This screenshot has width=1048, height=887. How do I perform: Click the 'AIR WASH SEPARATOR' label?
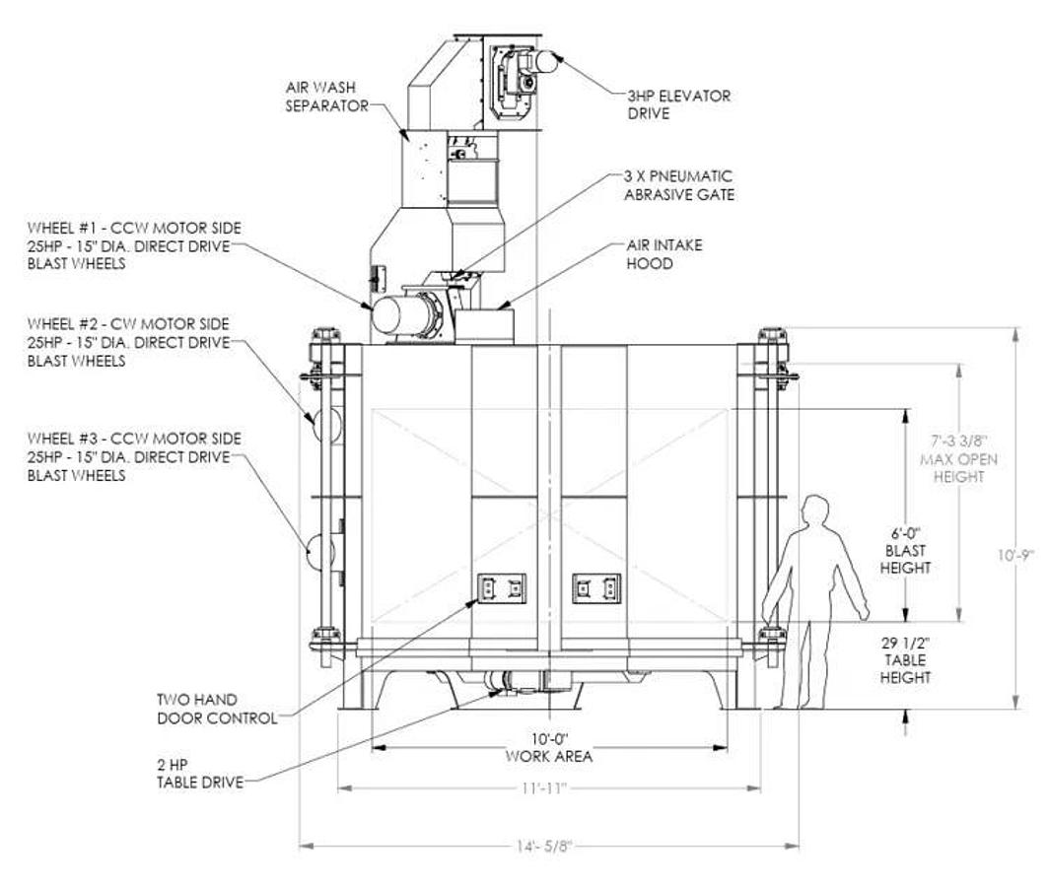327,97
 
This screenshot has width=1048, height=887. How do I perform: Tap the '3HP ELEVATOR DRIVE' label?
678,104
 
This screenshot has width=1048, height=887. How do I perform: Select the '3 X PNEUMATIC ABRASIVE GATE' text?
679,185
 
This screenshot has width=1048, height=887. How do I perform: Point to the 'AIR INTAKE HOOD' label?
664,254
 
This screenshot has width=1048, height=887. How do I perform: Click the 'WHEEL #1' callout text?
134,245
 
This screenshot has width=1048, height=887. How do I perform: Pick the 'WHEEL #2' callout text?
128,343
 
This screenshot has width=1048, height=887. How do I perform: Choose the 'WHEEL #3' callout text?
134,457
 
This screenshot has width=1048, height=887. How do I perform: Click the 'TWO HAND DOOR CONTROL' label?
217,710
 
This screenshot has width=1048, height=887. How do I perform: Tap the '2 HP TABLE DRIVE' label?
200,774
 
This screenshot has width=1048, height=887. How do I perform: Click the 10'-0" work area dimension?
549,748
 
